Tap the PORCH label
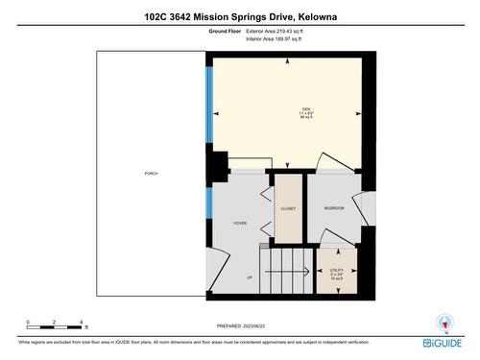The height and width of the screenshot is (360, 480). (151, 173)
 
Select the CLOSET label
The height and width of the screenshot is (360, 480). (288, 208)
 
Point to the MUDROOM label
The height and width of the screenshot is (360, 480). (333, 208)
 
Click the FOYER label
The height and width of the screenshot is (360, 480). (240, 223)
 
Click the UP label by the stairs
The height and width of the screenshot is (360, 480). (250, 277)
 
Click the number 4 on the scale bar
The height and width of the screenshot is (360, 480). (84, 323)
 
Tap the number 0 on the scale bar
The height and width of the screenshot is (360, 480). (28, 323)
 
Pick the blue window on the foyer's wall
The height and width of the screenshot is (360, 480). (208, 203)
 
